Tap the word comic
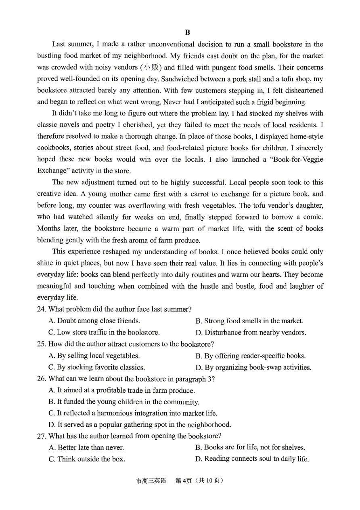pyautogui.click(x=314, y=217)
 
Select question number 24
pyautogui.click(x=42, y=310)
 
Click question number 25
pyautogui.click(x=42, y=344)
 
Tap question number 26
pyautogui.click(x=42, y=379)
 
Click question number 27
pyautogui.click(x=42, y=436)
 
